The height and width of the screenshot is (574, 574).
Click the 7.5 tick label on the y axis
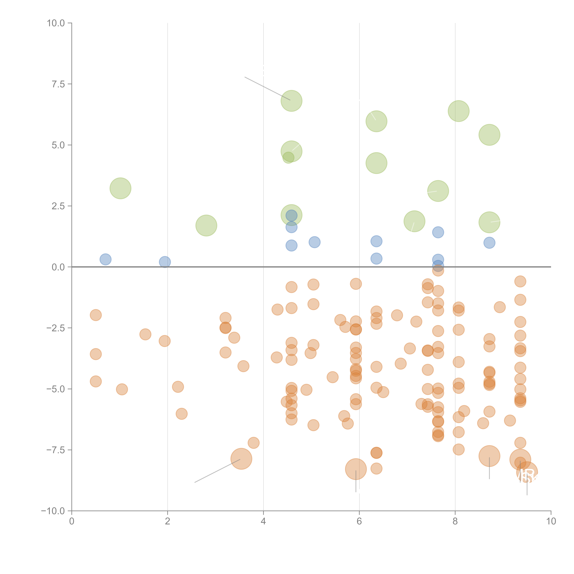pos(58,84)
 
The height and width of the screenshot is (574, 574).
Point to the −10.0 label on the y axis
pos(53,511)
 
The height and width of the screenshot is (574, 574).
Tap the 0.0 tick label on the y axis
pos(58,267)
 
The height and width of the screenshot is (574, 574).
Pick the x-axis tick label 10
pos(551,521)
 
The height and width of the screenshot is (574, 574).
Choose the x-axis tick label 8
pos(455,521)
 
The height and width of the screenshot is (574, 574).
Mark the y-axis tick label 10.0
pos(56,23)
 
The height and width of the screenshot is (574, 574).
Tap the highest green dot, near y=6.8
pos(291,101)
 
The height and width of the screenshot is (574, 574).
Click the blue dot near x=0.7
pos(106,259)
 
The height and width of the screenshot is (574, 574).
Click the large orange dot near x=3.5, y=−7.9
pos(241,459)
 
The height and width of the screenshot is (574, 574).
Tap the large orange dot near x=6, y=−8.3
pos(356,469)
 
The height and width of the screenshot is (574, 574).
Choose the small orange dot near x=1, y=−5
pos(122,389)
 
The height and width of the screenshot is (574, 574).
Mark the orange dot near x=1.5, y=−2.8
pos(145,334)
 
